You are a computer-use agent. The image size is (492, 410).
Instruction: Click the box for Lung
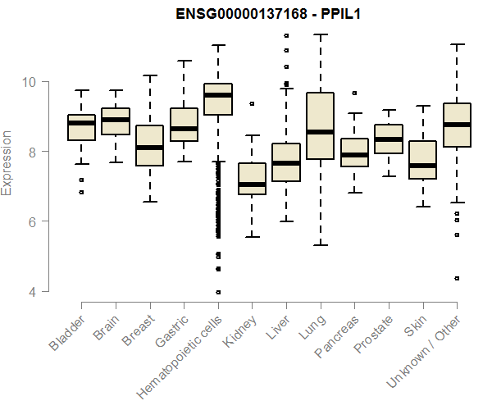pyautogui.click(x=320, y=123)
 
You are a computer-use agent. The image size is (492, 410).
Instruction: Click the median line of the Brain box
pyautogui.click(x=116, y=120)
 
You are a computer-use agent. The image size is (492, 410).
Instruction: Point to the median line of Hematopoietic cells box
pyautogui.click(x=218, y=95)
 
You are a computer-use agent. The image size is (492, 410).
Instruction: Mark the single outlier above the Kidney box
pyautogui.click(x=252, y=104)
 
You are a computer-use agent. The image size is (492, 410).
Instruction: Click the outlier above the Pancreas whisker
pyautogui.click(x=354, y=93)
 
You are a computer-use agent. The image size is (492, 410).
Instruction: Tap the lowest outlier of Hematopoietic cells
pyautogui.click(x=218, y=292)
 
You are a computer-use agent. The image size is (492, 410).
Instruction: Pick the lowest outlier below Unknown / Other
pyautogui.click(x=457, y=279)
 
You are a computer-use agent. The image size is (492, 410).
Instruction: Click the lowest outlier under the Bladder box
pyautogui.click(x=81, y=192)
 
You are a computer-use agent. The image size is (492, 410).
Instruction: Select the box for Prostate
pyautogui.click(x=389, y=139)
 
